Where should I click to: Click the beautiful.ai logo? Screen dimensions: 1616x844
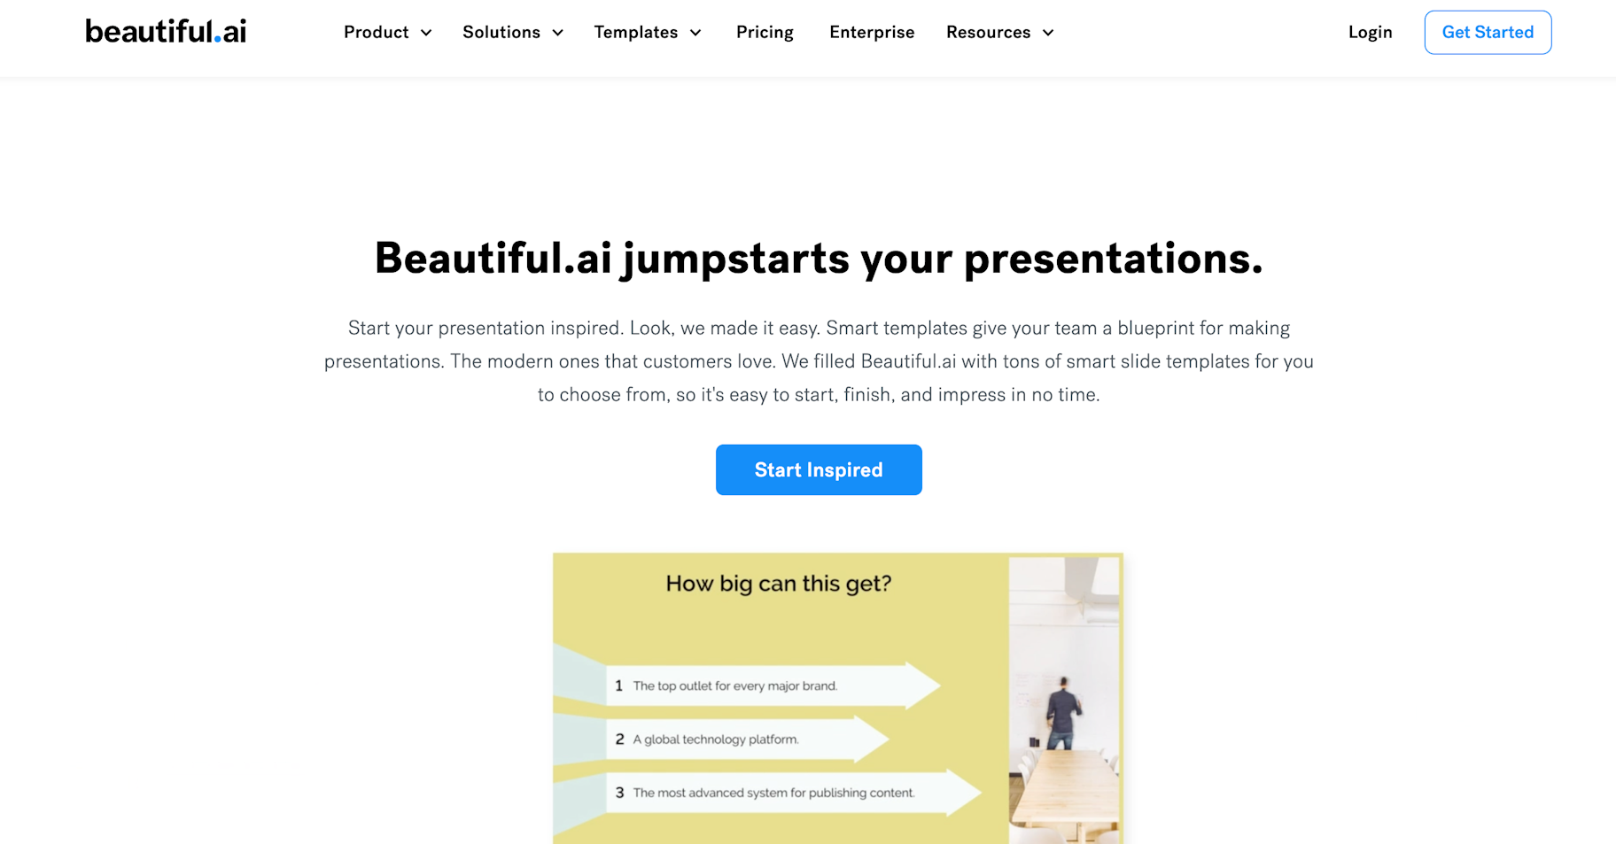(166, 32)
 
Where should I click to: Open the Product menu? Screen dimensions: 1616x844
(388, 33)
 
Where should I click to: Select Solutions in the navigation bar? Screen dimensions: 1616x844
(513, 33)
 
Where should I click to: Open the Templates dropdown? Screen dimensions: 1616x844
(648, 33)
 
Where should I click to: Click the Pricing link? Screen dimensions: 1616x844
(765, 33)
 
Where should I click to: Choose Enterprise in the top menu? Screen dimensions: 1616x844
(872, 33)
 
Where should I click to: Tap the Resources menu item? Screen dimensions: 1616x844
(1000, 33)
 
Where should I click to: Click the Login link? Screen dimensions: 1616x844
(1371, 33)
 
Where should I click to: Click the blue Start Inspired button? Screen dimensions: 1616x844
(819, 469)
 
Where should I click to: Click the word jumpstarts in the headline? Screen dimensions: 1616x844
(736, 259)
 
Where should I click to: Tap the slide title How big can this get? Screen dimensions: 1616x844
(779, 584)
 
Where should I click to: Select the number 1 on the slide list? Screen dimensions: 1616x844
(618, 685)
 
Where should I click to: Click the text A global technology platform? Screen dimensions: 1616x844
(716, 739)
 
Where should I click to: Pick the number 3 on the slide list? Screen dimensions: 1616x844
(619, 793)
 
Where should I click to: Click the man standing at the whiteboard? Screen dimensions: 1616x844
(1062, 713)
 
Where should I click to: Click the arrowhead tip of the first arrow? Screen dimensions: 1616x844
(939, 685)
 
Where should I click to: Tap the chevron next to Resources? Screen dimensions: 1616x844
(1048, 33)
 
